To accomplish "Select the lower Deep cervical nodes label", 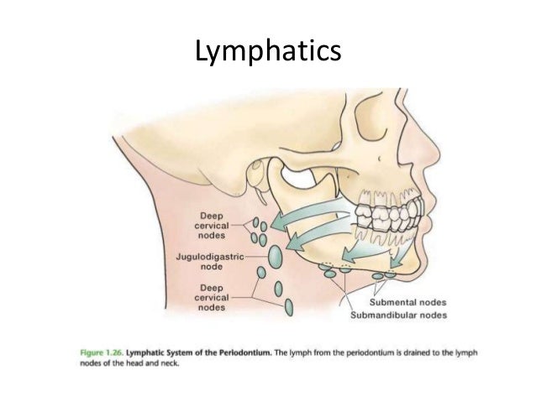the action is click(x=213, y=296).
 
